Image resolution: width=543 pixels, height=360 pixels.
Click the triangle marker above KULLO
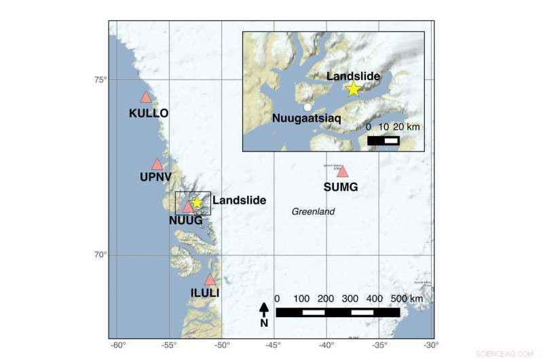[145, 97]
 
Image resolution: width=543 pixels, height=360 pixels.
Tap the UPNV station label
[156, 177]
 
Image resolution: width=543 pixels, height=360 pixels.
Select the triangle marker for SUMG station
[342, 171]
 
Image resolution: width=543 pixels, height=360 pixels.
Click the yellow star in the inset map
[353, 89]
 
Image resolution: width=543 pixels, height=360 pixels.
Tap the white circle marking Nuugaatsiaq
[307, 107]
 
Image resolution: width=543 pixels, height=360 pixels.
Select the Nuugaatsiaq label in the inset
[307, 118]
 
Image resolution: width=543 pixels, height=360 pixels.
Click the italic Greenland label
[314, 212]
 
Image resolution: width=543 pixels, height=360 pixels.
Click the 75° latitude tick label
[100, 80]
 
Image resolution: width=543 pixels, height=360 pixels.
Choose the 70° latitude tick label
[100, 255]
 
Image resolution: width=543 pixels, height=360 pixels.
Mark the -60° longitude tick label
[118, 346]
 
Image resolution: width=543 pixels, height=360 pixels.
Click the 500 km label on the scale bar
[407, 299]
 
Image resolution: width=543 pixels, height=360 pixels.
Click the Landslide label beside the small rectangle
[239, 200]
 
